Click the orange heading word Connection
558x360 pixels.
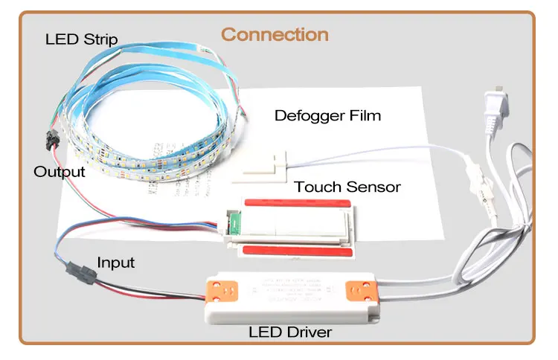pos(275,34)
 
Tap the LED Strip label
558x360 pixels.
pos(81,39)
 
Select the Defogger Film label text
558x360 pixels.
pos(327,115)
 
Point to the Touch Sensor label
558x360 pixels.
pos(347,186)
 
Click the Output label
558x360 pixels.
pos(60,172)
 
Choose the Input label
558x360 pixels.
pos(116,263)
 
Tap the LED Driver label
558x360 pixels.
pos(290,332)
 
